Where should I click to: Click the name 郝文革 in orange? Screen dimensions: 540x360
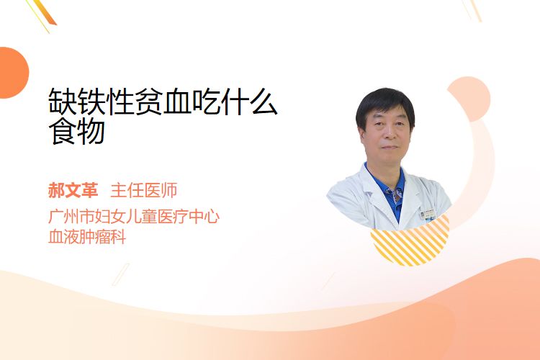tap(73, 190)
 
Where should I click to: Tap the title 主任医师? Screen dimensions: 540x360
tap(144, 190)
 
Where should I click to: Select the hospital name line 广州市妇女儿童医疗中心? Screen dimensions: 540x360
tap(134, 216)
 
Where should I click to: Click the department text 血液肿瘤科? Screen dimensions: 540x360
tap(87, 237)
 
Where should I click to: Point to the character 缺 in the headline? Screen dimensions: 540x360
tap(63, 102)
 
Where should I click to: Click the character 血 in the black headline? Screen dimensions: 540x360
tap(177, 102)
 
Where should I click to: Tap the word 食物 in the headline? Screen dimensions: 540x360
tap(76, 131)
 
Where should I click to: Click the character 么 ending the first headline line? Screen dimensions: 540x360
tap(263, 102)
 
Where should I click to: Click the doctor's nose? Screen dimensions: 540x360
tap(389, 134)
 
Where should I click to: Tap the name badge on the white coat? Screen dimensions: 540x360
tap(428, 214)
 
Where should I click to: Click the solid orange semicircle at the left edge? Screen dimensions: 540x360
tap(13, 73)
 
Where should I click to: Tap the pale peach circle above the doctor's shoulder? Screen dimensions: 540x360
tap(470, 99)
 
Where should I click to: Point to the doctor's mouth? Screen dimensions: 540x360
tap(390, 148)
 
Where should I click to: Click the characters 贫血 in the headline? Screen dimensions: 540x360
tap(163, 102)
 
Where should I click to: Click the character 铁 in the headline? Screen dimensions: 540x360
tap(91, 102)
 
